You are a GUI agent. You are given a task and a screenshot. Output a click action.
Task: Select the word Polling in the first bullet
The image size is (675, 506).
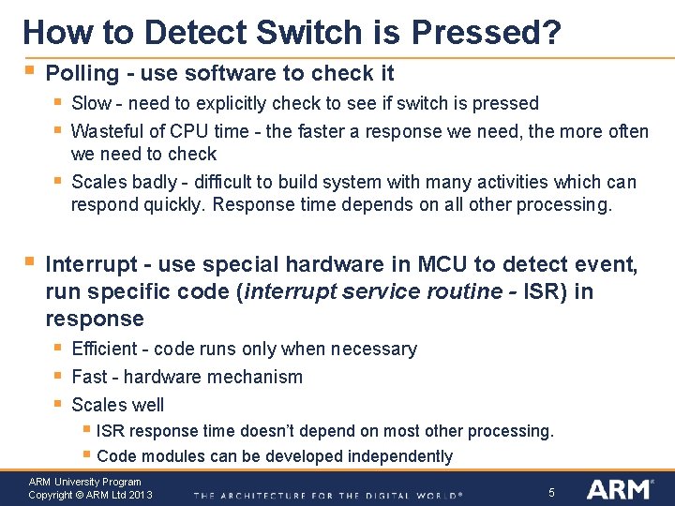[x=82, y=73]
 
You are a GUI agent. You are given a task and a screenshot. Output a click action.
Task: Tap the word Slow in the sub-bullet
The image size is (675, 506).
[x=91, y=103]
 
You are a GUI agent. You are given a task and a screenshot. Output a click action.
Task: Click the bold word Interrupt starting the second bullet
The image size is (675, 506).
[x=87, y=265]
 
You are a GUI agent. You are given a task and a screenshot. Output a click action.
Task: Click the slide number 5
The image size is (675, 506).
[x=551, y=492]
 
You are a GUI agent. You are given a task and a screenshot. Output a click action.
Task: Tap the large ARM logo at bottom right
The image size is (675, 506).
[x=618, y=489]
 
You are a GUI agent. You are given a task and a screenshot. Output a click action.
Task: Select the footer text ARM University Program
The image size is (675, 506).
[x=84, y=482]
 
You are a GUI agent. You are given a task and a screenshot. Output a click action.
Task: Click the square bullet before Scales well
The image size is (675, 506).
[x=58, y=404]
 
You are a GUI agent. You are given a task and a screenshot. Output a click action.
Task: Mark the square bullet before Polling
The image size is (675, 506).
[x=31, y=70]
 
